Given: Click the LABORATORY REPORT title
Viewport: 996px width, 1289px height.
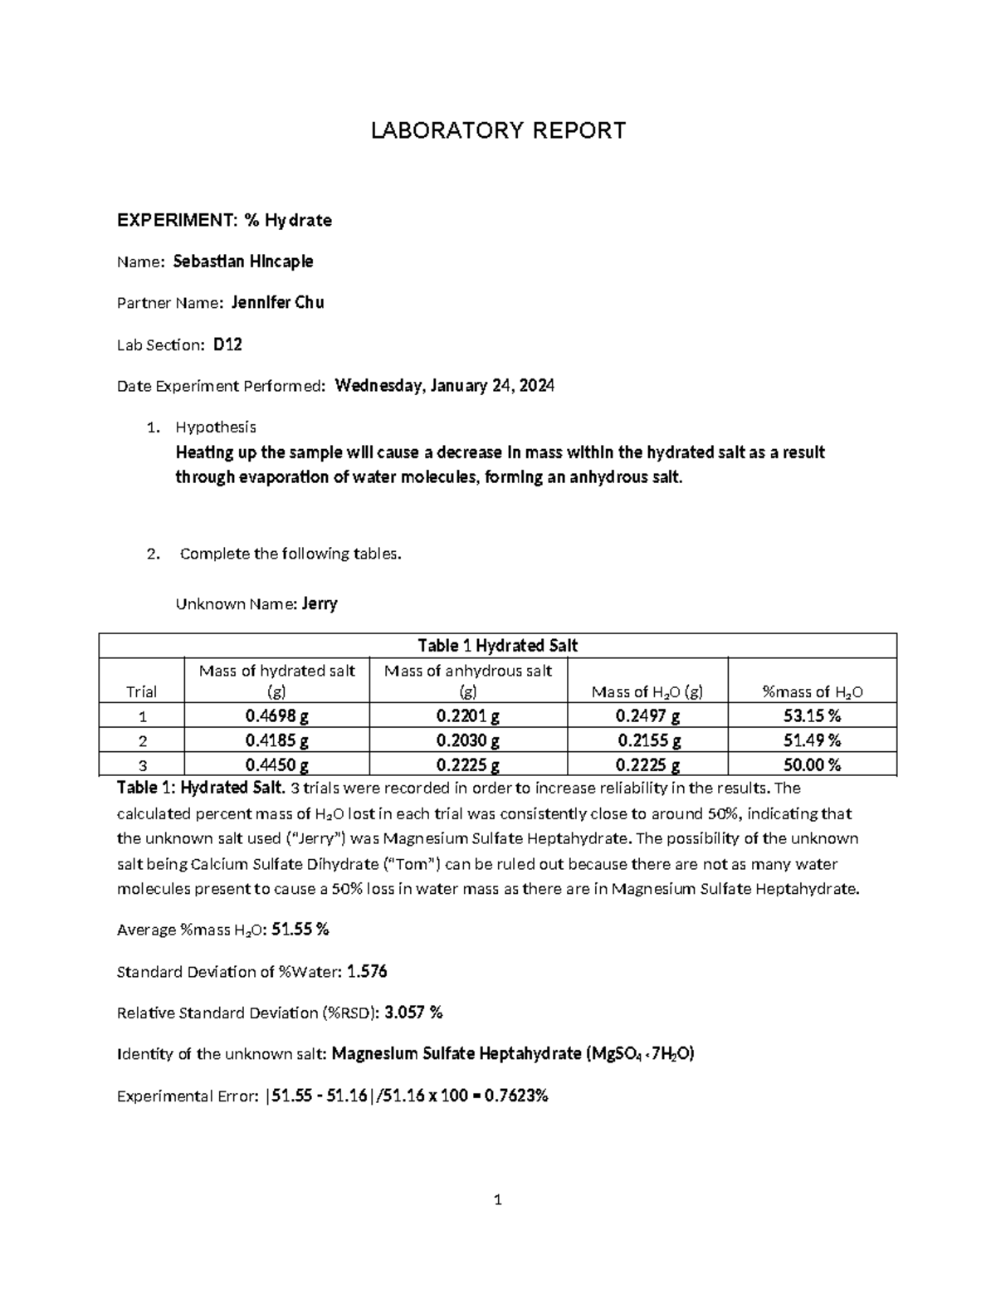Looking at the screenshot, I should pos(497,130).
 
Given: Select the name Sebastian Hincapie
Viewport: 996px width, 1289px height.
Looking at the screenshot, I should pos(242,261).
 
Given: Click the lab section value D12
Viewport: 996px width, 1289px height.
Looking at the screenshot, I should pos(227,344).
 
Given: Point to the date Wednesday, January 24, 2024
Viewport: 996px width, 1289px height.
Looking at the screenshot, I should pos(444,386).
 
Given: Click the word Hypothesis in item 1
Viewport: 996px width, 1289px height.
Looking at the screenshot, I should pos(215,427).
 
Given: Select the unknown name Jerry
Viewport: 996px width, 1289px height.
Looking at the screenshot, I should pos(320,603).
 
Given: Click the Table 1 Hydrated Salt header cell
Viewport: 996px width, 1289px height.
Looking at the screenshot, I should pos(497,646).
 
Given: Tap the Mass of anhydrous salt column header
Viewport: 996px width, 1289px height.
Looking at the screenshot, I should pos(468,681).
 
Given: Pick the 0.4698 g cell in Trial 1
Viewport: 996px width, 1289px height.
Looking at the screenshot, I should pos(276,716).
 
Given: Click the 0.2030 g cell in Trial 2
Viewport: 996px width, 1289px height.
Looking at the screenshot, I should pos(468,740).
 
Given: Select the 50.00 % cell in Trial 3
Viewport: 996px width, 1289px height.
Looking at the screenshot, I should pos(812,764).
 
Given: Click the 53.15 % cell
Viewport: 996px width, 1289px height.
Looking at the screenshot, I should pos(812,716).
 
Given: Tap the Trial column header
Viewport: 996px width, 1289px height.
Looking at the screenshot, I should pos(141,691).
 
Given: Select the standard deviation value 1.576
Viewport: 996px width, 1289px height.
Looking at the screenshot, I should pos(367,971).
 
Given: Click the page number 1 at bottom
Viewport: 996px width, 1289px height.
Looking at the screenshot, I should pos(497,1199).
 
